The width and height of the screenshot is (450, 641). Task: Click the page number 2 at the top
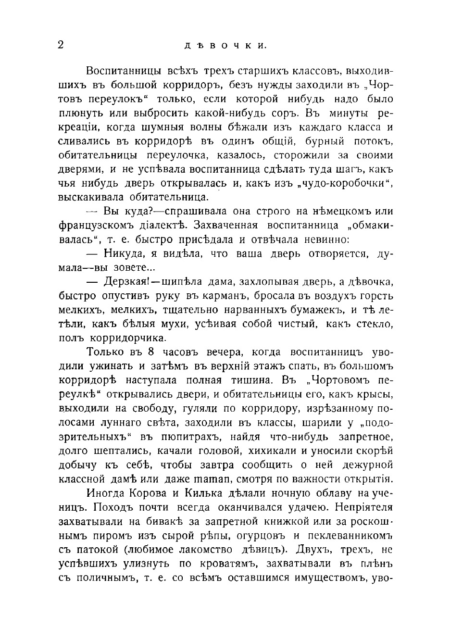click(x=61, y=45)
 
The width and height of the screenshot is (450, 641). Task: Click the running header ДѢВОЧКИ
click(x=225, y=47)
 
